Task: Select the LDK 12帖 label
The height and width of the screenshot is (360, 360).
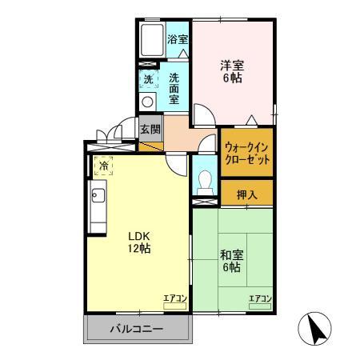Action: (134, 242)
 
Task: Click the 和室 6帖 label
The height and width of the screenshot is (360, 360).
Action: (233, 261)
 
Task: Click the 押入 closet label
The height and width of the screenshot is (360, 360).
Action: (248, 193)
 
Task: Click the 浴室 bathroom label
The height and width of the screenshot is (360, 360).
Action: (178, 38)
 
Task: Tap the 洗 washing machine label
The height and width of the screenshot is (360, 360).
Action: (148, 79)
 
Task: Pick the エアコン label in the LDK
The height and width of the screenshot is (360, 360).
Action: (174, 299)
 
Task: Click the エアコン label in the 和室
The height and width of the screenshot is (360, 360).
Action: (259, 299)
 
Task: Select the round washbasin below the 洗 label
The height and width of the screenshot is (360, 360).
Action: (147, 102)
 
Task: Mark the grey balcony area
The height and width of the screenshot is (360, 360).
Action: (136, 329)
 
